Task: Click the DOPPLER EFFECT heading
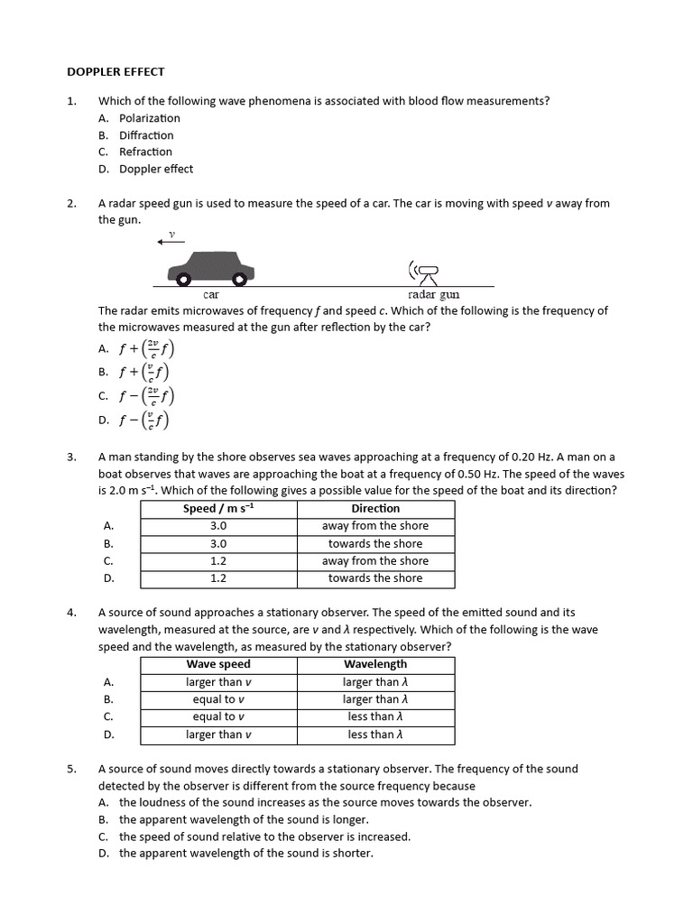click(115, 71)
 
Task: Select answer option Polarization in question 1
click(149, 118)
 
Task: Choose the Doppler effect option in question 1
click(155, 169)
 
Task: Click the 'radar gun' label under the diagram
click(433, 294)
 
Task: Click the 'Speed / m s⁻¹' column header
click(218, 508)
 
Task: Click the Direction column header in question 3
click(375, 508)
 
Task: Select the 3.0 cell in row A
click(218, 526)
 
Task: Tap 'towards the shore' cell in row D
click(375, 578)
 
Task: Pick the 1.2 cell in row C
click(218, 560)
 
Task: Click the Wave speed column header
click(218, 664)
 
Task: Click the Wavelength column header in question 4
click(375, 664)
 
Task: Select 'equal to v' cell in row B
click(218, 699)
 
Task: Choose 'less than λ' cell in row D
click(375, 735)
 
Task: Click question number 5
click(71, 769)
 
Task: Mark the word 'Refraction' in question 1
click(145, 152)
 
